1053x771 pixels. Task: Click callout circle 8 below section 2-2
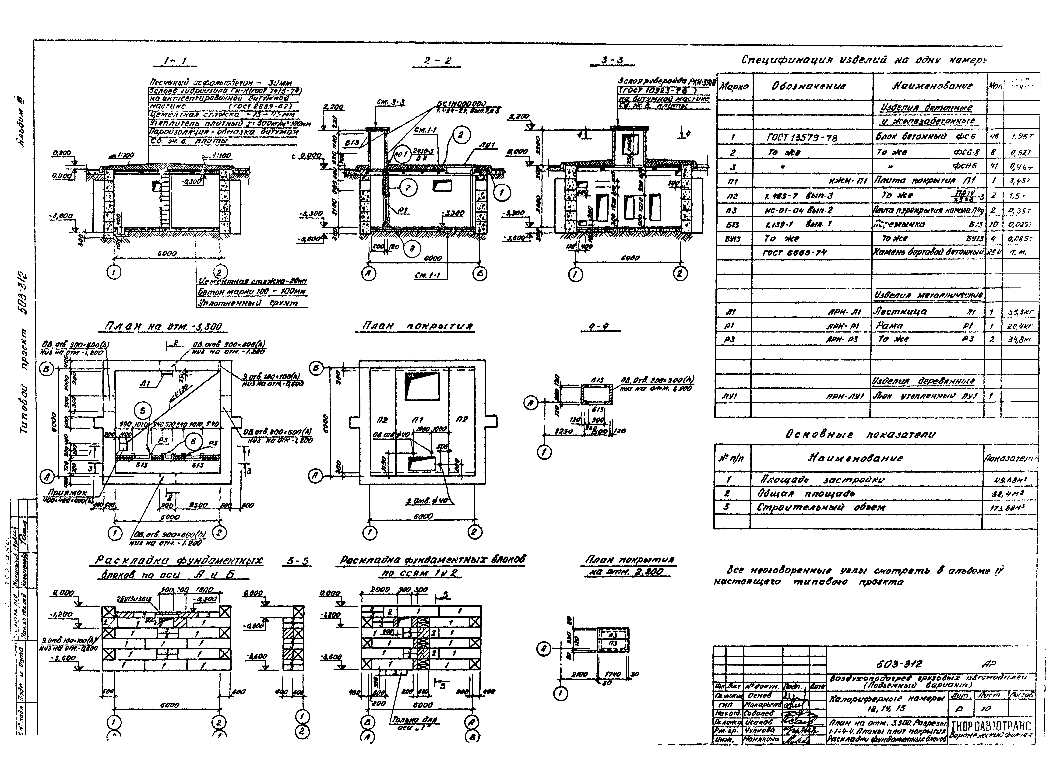pos(411,249)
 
